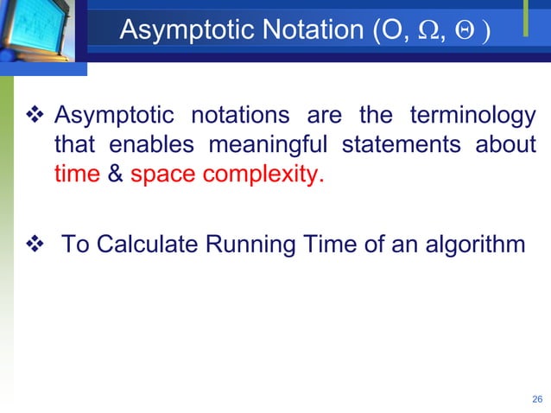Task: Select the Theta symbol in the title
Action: tap(463, 31)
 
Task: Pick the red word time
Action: tap(77, 175)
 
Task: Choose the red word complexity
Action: tap(263, 175)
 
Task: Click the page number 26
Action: tap(536, 399)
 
